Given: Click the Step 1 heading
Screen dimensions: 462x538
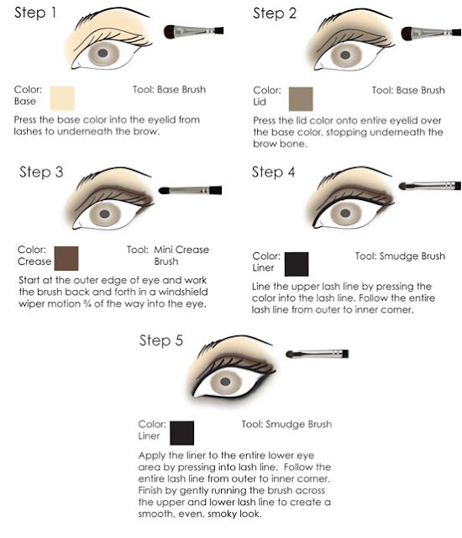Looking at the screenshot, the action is click(x=35, y=13).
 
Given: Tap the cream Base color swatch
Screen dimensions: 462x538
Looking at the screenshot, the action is click(x=62, y=98).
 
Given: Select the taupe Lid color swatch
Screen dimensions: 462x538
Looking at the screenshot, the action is click(x=301, y=99).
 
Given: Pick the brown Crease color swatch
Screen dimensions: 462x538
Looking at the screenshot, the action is click(x=66, y=258).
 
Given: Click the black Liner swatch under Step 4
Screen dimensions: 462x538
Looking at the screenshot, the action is click(x=297, y=264).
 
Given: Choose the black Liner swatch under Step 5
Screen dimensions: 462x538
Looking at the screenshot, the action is click(x=181, y=433).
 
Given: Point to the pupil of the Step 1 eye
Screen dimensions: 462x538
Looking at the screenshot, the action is click(x=102, y=53).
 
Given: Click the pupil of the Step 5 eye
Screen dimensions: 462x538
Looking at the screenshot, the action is click(x=225, y=382).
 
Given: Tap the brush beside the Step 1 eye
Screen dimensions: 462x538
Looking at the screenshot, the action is click(x=194, y=32).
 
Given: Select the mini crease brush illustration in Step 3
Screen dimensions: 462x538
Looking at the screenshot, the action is click(x=190, y=190).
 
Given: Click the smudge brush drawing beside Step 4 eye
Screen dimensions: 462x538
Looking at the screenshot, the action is click(x=429, y=186).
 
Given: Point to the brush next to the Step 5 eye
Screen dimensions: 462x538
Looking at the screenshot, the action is click(x=317, y=354).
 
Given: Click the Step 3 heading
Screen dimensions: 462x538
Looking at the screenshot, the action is click(x=41, y=171).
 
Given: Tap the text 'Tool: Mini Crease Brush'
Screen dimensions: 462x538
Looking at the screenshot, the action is click(x=168, y=256).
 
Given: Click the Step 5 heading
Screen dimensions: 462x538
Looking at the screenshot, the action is click(x=160, y=340).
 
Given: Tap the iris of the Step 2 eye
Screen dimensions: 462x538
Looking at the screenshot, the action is click(x=345, y=55).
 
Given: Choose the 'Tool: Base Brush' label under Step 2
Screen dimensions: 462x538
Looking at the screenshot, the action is click(x=408, y=90).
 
